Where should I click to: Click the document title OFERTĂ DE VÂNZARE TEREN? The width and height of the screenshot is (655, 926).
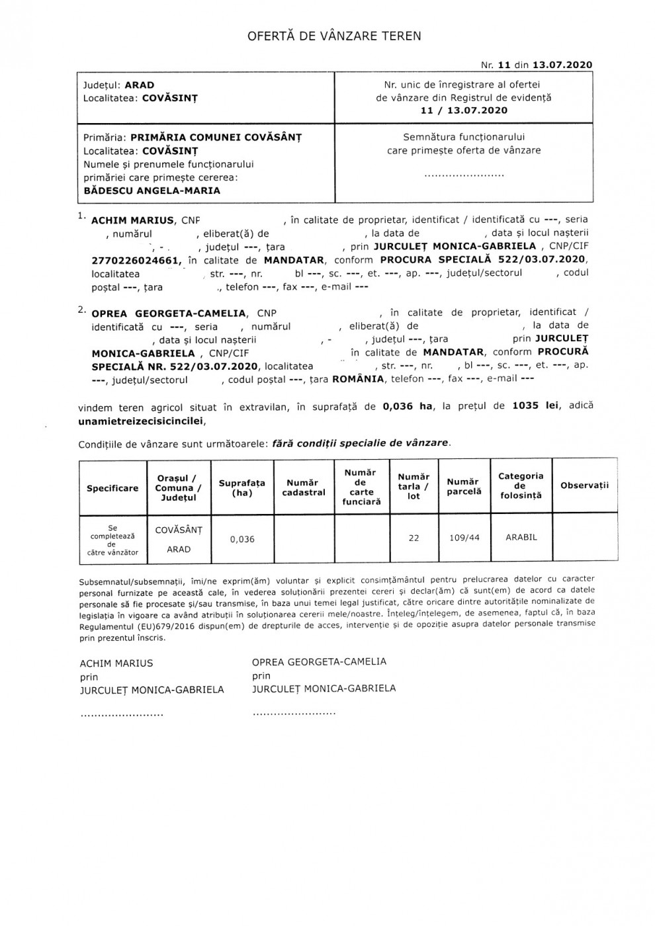click(334, 36)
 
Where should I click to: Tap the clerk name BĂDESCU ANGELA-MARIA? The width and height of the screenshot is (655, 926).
click(152, 190)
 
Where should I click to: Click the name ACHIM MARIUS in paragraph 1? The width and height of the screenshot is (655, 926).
click(132, 220)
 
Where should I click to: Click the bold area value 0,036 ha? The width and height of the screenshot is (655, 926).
click(407, 407)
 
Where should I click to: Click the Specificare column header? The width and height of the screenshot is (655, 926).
click(112, 488)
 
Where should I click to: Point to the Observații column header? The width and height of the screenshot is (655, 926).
click(584, 485)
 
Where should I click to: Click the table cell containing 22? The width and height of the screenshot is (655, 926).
click(414, 538)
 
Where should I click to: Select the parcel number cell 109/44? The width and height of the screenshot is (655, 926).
click(464, 538)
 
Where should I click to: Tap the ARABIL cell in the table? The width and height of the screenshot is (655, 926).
click(521, 537)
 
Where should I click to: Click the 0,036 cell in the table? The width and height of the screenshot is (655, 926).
click(242, 539)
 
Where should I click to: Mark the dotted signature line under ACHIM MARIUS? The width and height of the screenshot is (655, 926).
click(121, 714)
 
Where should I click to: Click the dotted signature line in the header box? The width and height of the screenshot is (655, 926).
click(463, 175)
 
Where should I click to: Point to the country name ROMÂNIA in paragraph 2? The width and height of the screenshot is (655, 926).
click(358, 379)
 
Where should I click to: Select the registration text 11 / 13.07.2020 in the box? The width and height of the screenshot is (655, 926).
click(464, 110)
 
